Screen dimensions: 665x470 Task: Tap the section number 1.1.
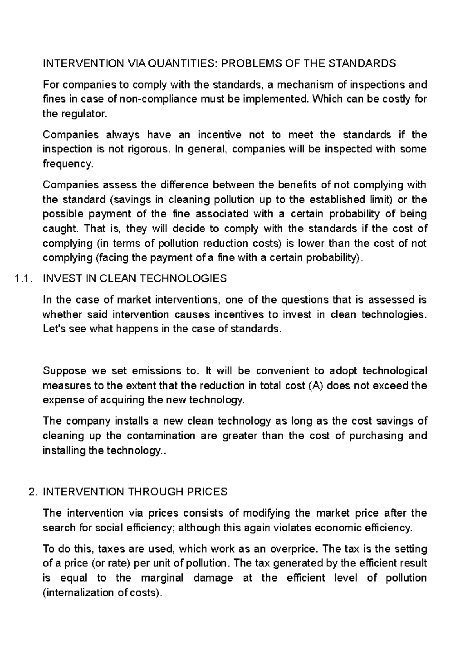pos(22,278)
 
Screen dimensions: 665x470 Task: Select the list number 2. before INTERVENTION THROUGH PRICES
pos(33,492)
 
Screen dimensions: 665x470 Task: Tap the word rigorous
pos(149,149)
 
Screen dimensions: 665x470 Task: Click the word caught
pos(59,228)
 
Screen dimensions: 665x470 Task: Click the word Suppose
pos(64,371)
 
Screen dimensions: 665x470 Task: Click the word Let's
pos(54,329)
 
